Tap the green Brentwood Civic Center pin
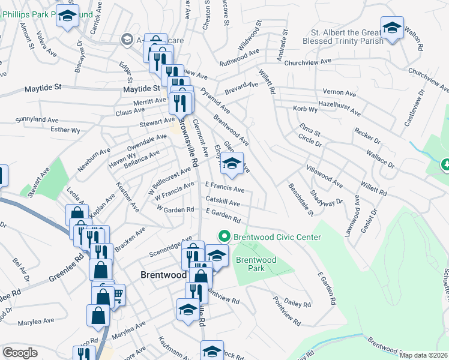(x=224, y=237)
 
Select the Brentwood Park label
(x=256, y=264)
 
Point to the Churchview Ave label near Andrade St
(x=309, y=62)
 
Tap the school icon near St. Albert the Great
(x=392, y=29)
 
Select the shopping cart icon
(x=117, y=293)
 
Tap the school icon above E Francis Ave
(x=232, y=163)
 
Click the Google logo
(x=20, y=353)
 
